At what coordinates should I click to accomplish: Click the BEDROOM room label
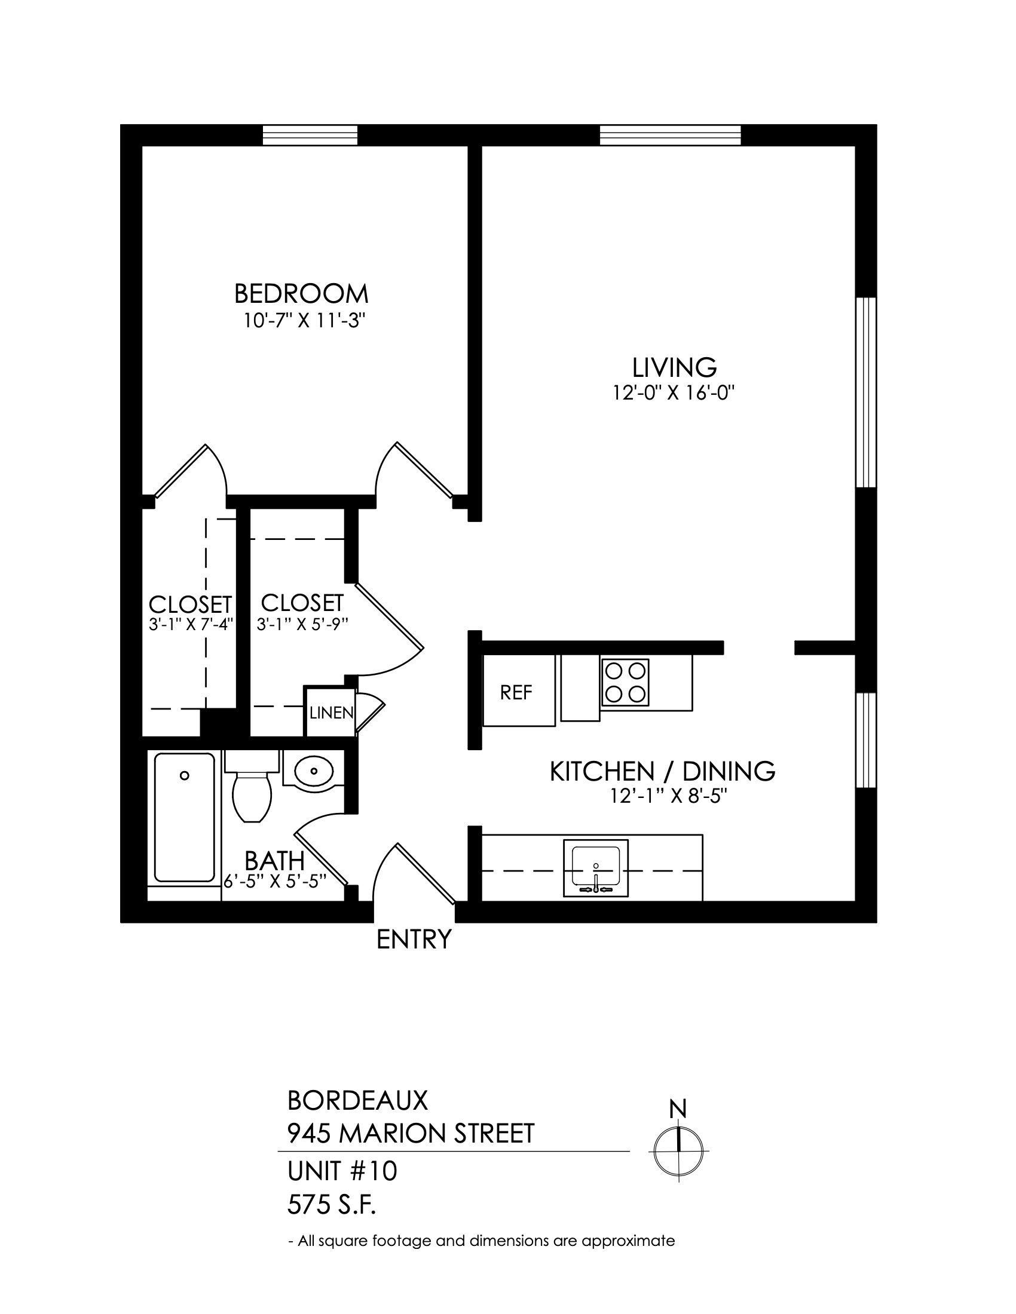click(x=301, y=294)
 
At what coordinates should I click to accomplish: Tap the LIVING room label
click(x=674, y=366)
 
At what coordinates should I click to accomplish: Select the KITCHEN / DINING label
click(x=662, y=770)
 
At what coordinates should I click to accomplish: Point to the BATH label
click(x=274, y=861)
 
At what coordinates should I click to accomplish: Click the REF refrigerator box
click(x=519, y=690)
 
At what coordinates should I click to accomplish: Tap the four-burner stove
click(x=625, y=682)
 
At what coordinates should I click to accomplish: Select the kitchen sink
click(x=596, y=868)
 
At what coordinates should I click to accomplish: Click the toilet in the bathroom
click(x=252, y=786)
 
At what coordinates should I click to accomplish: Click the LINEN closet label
click(x=331, y=713)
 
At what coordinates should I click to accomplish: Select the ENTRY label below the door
click(x=414, y=939)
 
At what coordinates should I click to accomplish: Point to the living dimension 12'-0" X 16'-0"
click(x=674, y=393)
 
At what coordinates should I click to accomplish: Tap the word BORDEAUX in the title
click(x=357, y=1100)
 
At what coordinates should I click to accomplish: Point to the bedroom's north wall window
click(x=311, y=135)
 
